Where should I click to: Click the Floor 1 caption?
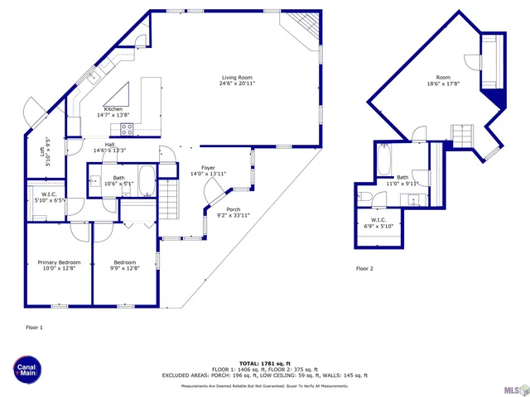(35, 328)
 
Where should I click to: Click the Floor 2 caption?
(364, 269)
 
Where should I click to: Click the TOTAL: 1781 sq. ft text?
(264, 363)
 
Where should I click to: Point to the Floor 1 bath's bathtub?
(146, 179)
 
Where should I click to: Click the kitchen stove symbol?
(128, 128)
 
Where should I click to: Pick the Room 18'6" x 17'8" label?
(443, 80)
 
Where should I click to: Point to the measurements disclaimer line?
(264, 386)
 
